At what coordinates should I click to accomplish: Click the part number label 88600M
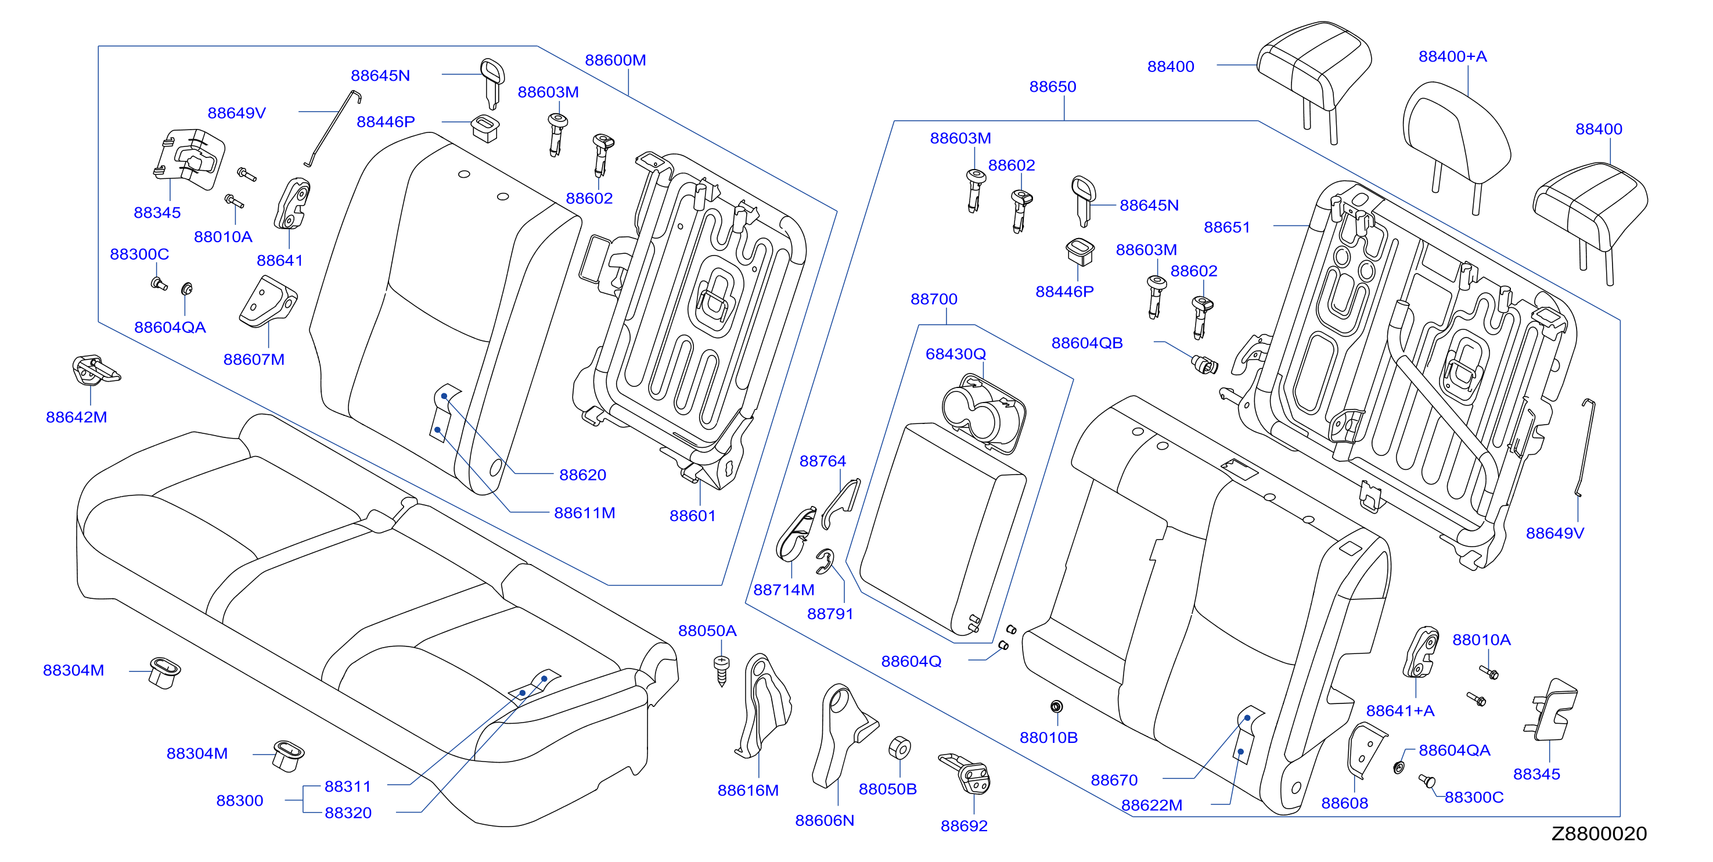[615, 60]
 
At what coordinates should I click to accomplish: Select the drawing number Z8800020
[1599, 834]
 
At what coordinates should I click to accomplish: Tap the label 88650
[1052, 87]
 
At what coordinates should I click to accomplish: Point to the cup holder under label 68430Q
[984, 412]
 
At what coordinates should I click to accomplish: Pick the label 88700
[934, 299]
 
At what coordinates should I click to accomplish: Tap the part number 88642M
[77, 418]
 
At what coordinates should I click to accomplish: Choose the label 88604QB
[1086, 343]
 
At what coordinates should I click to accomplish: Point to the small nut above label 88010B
[1056, 706]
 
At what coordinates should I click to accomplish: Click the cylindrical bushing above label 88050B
[899, 748]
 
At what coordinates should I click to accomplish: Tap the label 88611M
[585, 513]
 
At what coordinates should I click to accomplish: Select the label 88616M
[747, 791]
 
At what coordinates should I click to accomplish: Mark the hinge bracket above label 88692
[965, 774]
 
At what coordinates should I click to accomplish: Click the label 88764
[823, 462]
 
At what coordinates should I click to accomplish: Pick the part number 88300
[239, 801]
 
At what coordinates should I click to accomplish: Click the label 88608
[1345, 803]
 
